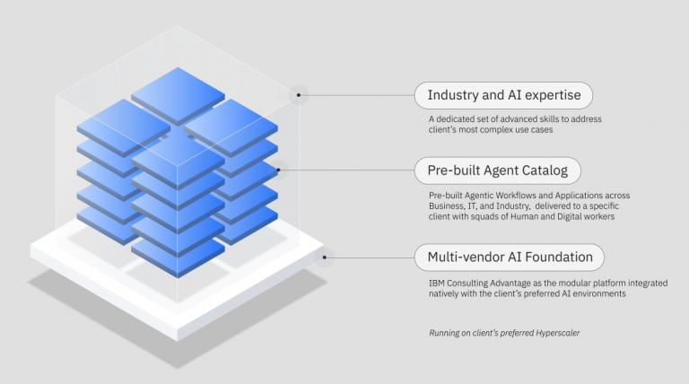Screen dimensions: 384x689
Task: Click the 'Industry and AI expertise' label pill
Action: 503,95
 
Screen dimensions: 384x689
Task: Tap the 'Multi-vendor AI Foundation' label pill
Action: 509,257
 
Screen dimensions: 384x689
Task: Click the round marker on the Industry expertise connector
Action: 299,94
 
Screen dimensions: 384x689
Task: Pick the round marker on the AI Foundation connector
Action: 326,257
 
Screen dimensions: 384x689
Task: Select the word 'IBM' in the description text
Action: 437,284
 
